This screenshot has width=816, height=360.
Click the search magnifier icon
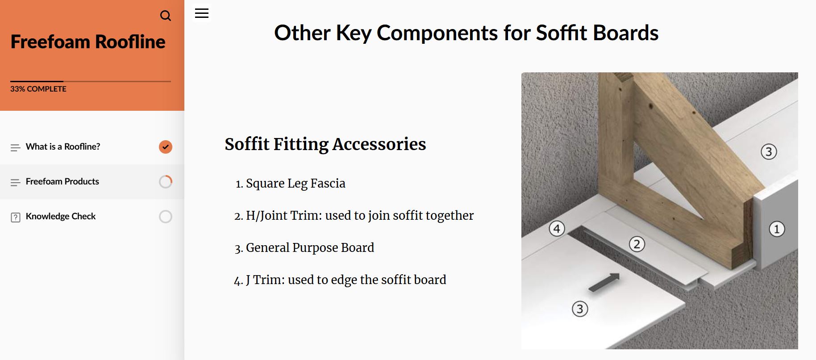166,16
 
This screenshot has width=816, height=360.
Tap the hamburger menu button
202,13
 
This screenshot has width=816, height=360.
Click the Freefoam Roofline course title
88,42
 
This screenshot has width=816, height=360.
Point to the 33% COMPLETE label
38,89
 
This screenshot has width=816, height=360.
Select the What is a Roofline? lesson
63,147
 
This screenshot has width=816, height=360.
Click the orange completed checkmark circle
166,147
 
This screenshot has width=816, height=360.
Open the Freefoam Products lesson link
62,181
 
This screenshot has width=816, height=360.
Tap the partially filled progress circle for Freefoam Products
166,182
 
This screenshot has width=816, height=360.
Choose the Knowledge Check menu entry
61,216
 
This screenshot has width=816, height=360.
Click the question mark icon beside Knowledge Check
16,218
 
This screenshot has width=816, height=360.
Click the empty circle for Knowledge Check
166,217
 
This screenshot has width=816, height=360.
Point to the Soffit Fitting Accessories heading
325,144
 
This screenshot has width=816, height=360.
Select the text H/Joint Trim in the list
284,215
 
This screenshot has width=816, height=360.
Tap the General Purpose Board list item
310,247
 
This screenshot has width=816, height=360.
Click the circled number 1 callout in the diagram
777,229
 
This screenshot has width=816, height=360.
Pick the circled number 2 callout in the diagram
637,244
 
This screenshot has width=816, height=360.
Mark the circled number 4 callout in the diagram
557,229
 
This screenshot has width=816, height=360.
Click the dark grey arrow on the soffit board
604,283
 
